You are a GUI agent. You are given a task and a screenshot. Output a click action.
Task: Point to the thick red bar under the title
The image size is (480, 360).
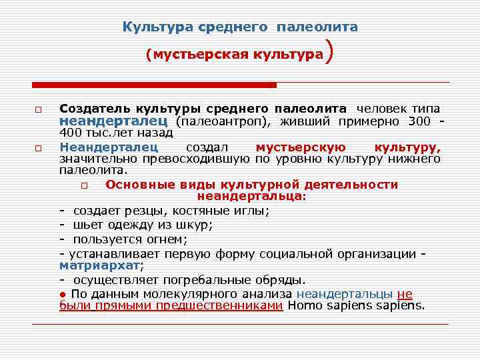coord(154,85)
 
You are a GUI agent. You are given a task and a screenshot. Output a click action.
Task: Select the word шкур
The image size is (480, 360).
coord(194,225)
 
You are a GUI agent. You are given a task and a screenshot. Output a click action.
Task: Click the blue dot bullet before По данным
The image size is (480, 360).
coord(62,293)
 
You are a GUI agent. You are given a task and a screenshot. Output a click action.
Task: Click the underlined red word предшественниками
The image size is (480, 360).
coord(219,306)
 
